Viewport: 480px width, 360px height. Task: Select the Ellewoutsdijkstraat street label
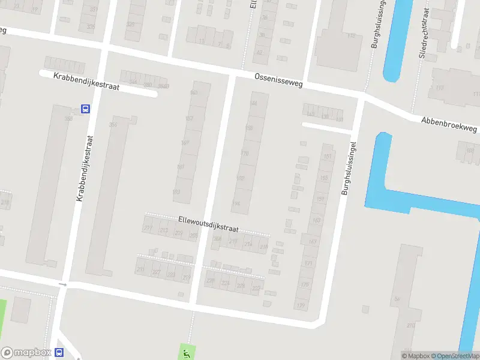point(208,225)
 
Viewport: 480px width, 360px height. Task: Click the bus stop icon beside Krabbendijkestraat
point(85,109)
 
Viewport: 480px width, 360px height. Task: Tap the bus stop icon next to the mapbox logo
point(59,353)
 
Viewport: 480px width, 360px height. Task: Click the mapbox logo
point(25,353)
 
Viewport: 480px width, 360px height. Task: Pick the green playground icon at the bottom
point(186,352)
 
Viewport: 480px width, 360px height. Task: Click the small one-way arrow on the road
point(62,284)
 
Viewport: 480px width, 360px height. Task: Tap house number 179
point(301,306)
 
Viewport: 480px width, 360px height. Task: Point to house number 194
point(236,204)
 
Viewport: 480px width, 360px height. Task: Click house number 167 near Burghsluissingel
point(313,241)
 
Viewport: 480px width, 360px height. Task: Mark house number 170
point(244,154)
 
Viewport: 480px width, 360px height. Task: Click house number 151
point(327,157)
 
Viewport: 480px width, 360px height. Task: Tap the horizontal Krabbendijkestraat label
point(86,82)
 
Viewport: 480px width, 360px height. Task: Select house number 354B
point(163,86)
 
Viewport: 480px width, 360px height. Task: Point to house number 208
point(218,238)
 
